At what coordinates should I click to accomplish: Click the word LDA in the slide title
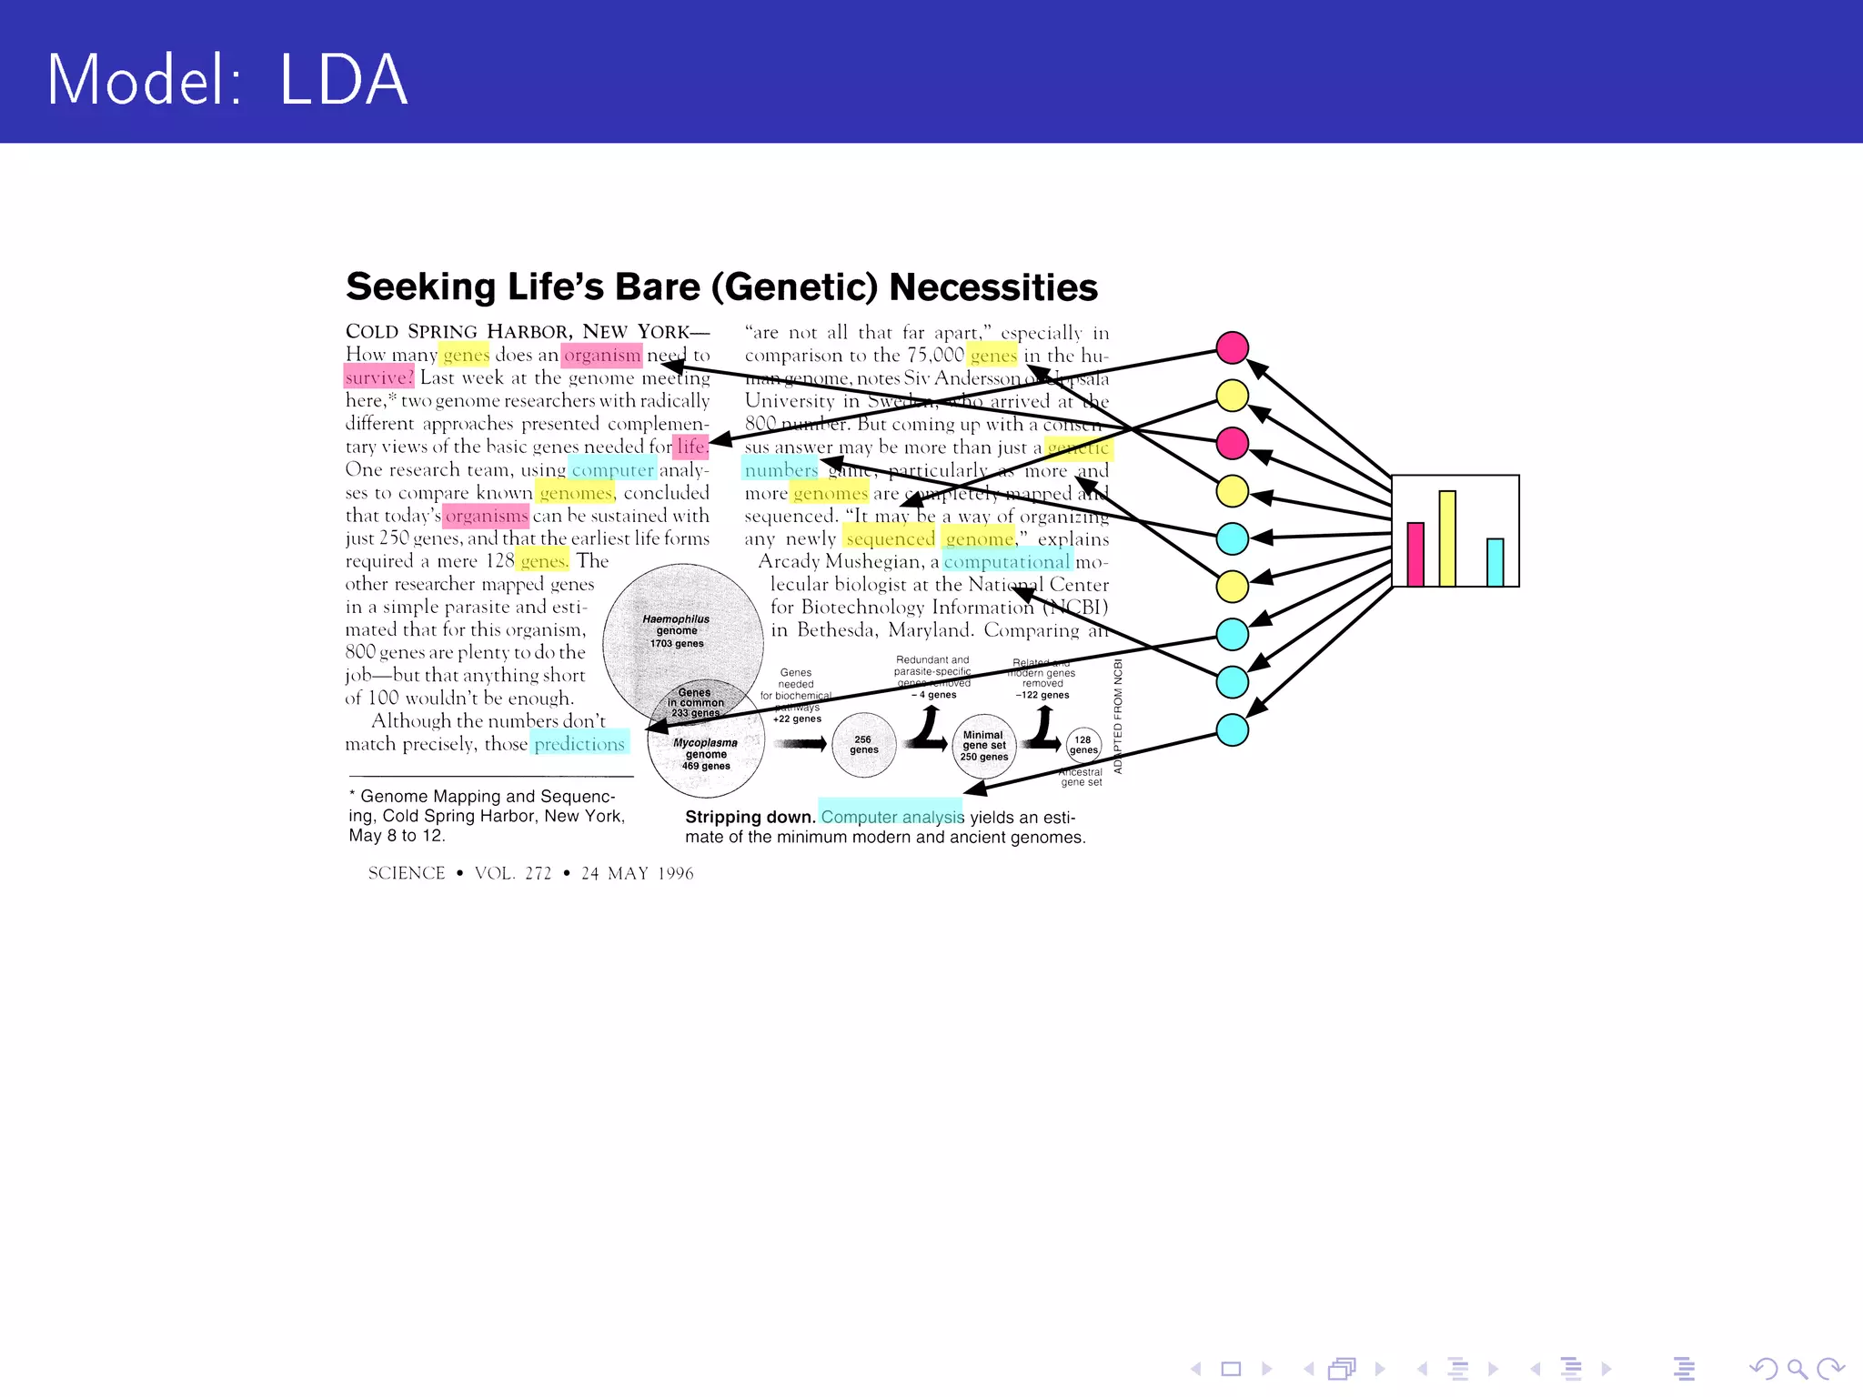(x=343, y=80)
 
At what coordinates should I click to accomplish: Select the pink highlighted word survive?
(x=379, y=377)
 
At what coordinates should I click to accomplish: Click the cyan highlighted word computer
(x=612, y=469)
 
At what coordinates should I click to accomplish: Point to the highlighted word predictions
(x=579, y=743)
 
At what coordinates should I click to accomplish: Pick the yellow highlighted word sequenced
(x=890, y=538)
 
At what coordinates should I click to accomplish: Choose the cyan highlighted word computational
(x=1007, y=561)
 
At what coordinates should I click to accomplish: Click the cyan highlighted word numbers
(x=781, y=469)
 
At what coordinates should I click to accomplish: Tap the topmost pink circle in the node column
(x=1232, y=347)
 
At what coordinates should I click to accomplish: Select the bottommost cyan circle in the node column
(x=1232, y=729)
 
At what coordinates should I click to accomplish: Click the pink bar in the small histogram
(x=1415, y=554)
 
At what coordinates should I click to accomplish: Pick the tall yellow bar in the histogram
(x=1447, y=538)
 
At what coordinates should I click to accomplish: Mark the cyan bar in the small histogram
(x=1495, y=562)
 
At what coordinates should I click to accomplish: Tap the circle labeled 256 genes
(x=863, y=745)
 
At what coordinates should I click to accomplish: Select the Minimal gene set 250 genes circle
(x=983, y=746)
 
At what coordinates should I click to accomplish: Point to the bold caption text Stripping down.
(x=750, y=817)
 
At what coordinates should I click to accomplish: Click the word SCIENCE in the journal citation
(x=407, y=873)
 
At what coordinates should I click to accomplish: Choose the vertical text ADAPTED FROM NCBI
(x=1118, y=716)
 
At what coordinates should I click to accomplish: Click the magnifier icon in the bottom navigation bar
(x=1797, y=1368)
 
